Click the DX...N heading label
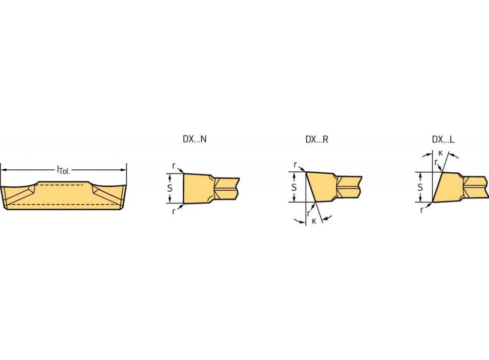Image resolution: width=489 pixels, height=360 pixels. [x=195, y=139]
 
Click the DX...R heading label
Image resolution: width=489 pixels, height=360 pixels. [x=317, y=139]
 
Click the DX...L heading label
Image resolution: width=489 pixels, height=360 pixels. [x=443, y=139]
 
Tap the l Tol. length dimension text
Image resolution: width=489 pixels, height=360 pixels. [x=64, y=170]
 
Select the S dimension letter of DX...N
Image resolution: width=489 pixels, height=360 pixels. [x=170, y=188]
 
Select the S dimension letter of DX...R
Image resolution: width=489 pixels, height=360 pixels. [x=294, y=187]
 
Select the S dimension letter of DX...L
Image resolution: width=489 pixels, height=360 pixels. [x=420, y=187]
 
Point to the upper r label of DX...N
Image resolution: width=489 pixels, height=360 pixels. [x=174, y=166]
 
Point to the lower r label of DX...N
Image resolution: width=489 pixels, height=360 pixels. [x=174, y=211]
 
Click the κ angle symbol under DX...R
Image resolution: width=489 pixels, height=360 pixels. [x=314, y=221]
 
